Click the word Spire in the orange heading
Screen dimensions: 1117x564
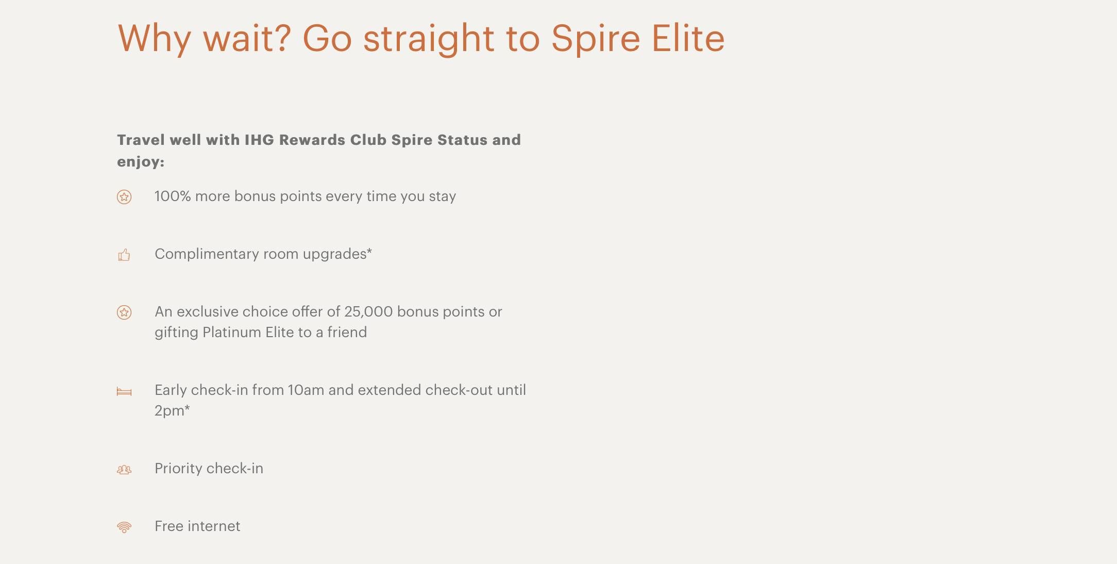[595, 39]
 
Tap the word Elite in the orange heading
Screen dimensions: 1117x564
[688, 38]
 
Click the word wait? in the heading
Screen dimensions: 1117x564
[247, 39]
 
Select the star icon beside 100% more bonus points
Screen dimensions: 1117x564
[124, 197]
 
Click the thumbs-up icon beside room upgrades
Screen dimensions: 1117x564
[124, 255]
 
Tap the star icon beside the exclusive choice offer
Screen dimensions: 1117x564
[124, 312]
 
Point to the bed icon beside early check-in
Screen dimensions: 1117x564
[124, 392]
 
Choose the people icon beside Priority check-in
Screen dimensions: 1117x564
[124, 470]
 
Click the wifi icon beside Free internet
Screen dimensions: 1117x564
[124, 527]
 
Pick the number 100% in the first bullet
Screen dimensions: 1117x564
[173, 196]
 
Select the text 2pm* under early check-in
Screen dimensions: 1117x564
[172, 411]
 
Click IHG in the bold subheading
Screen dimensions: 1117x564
[259, 140]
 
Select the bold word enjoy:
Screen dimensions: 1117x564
[141, 162]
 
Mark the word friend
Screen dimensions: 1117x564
[347, 333]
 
